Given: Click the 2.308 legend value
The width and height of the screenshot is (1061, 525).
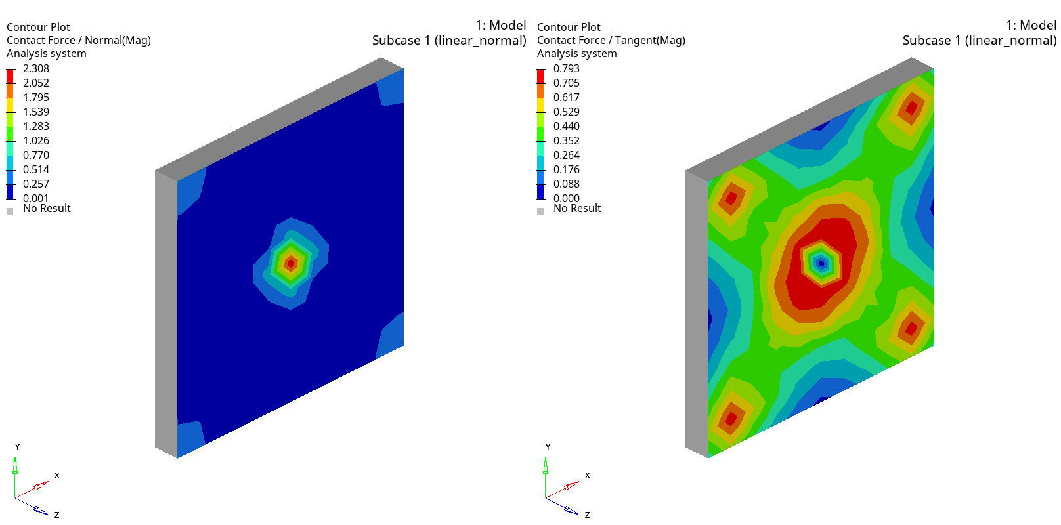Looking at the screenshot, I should point(35,68).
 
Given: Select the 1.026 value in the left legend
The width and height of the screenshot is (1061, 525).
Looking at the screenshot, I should point(35,140).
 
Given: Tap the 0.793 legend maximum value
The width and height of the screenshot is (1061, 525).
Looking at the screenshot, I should point(566,68).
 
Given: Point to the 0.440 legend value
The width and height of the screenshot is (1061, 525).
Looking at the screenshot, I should point(566,126).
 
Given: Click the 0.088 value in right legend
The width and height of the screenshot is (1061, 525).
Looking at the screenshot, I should point(566,184).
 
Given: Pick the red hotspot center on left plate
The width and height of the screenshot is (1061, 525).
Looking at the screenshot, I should point(291,263).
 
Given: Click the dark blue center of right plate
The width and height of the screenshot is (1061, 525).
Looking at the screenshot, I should point(821,264).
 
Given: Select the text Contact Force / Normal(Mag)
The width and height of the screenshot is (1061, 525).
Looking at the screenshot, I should point(79,40).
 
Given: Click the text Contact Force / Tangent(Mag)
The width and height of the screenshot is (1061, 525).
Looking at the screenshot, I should point(611,40).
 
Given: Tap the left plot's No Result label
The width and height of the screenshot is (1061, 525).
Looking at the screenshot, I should point(47,208).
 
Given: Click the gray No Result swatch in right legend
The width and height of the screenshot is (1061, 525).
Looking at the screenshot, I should point(540,211).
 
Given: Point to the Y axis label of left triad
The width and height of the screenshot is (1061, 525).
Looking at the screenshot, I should point(17,446).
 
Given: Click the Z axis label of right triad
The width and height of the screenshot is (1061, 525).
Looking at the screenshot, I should point(587,514).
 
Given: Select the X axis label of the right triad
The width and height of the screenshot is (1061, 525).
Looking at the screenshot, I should point(587,475).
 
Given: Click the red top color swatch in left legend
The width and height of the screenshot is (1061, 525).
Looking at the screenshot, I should point(10,75).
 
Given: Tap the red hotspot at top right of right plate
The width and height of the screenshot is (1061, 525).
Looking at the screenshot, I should point(911,107).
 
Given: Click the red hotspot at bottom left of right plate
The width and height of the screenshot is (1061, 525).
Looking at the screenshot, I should point(731,418).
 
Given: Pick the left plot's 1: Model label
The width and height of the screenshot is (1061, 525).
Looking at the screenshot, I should point(500,25).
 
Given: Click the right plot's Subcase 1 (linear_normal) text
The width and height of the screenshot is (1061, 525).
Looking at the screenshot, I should point(979,40).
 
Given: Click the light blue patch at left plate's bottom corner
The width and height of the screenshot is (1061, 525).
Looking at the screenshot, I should point(189,437).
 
